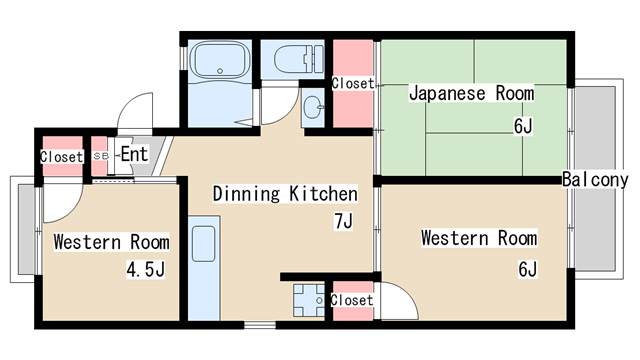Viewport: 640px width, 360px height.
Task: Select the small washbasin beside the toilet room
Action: coord(311,108)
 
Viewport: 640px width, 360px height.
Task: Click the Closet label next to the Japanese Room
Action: coord(352,84)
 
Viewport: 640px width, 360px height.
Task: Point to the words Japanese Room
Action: coord(471,94)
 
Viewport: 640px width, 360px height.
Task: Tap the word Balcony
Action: coord(594,179)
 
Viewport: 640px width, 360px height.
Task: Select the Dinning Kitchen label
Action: coord(285,193)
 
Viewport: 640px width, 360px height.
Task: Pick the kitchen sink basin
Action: coord(203,245)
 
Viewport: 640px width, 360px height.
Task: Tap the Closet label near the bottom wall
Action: coord(351,300)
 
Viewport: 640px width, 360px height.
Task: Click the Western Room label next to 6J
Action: coord(478,238)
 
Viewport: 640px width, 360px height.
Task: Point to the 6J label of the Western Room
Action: coord(527,269)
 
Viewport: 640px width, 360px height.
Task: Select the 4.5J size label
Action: coord(145,269)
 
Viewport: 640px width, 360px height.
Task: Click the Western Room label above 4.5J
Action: coord(111,242)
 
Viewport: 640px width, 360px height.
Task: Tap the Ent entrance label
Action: coord(134,154)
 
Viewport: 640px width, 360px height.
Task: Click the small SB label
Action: coord(100,157)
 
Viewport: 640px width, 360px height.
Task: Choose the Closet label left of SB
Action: coord(61,157)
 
